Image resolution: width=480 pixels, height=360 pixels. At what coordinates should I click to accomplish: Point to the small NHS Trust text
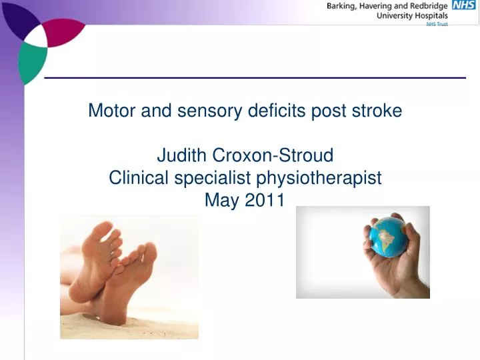437,24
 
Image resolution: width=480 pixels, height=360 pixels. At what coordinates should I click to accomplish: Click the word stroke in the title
379,111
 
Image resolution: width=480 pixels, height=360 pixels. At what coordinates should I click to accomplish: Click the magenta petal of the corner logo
64,30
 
